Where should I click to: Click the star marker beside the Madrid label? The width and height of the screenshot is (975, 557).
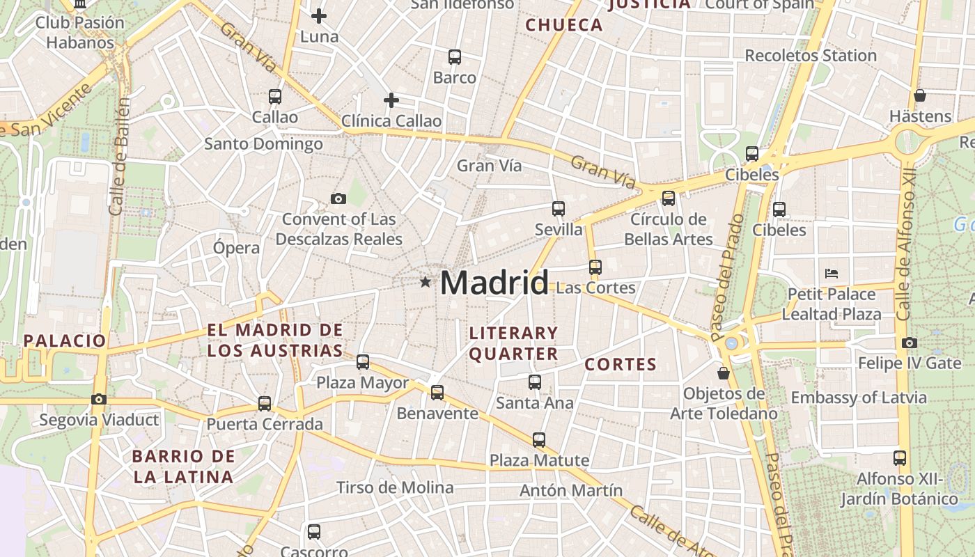425,282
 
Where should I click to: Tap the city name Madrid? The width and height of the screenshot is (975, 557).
494,283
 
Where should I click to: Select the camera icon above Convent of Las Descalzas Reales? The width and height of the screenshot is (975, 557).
338,199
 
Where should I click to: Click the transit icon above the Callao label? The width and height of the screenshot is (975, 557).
275,97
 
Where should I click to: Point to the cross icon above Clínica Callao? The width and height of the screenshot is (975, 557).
391,100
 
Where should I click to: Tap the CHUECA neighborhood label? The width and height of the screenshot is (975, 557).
564,25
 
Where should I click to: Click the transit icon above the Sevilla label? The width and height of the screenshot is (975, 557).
559,208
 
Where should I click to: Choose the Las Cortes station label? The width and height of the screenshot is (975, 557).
596,288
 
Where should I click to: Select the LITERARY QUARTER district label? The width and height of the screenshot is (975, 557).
514,343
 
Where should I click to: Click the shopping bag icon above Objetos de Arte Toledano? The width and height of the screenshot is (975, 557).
724,373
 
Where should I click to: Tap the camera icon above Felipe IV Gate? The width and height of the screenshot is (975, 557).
910,343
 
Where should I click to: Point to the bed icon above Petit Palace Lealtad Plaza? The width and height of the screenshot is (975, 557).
831,273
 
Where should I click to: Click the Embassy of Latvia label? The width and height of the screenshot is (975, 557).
859,398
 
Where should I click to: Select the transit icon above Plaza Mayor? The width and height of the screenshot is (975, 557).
363,362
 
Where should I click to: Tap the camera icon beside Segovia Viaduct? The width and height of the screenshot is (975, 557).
99,399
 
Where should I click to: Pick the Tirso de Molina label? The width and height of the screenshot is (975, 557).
395,487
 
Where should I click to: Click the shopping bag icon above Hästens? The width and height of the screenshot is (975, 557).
920,95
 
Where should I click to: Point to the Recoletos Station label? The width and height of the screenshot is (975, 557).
811,55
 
